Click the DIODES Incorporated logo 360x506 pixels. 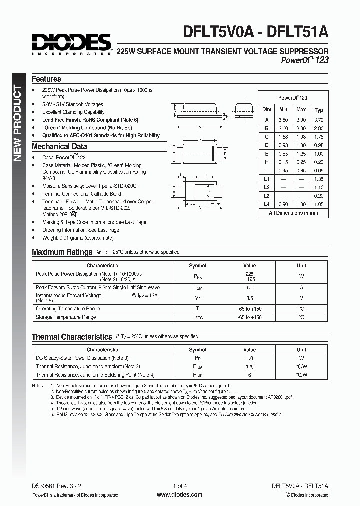(71, 44)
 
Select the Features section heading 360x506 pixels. (46, 79)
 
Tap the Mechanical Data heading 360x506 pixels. (59, 147)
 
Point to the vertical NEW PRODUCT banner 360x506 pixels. (17, 123)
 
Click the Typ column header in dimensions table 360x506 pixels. (319, 110)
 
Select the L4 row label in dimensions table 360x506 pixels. (267, 204)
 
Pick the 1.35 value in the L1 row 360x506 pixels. (319, 179)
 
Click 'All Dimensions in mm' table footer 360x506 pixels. (293, 213)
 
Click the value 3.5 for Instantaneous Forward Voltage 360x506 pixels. (249, 298)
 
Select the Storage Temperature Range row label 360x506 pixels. (66, 317)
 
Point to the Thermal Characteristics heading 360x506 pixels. (72, 337)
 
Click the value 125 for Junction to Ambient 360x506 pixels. (249, 366)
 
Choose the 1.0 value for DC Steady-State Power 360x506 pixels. (249, 358)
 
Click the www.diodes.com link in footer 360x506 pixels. (179, 495)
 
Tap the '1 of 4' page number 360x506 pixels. (180, 486)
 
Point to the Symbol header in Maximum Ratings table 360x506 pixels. (198, 266)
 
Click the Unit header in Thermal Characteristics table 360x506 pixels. (301, 350)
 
